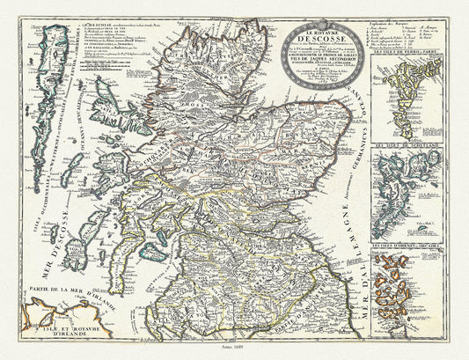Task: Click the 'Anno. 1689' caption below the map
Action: coord(234,349)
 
